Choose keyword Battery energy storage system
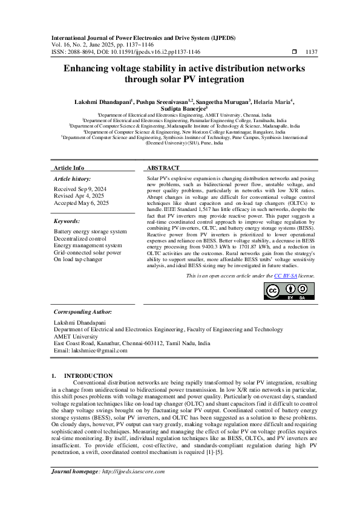pyautogui.click(x=90, y=232)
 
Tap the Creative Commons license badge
pyautogui.click(x=281, y=291)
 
